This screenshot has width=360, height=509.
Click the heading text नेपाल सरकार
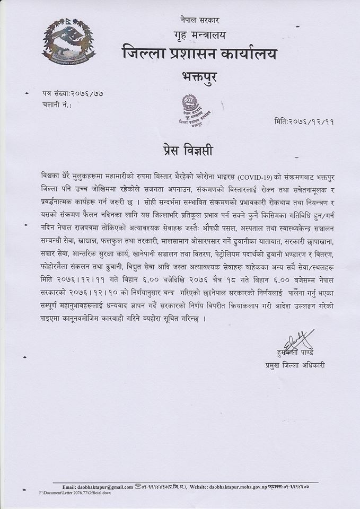200,20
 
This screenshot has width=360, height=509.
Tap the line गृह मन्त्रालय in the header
200,36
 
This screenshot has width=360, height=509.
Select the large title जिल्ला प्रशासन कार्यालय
199,54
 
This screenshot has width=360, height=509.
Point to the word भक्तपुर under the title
200,78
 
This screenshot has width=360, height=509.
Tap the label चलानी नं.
56,105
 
